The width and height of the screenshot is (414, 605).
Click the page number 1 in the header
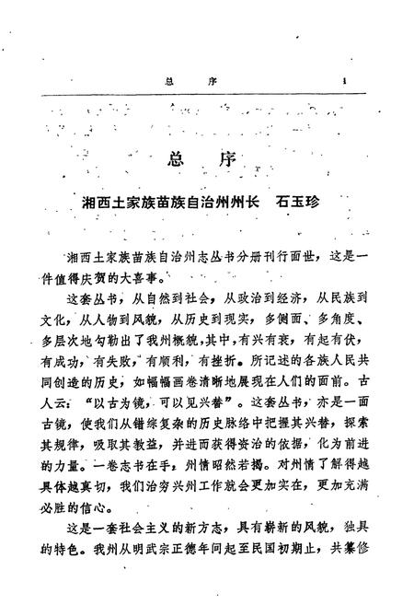[342, 80]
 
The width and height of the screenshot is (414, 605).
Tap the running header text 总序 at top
[190, 81]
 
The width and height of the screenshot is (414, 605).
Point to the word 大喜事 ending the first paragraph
[152, 275]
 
